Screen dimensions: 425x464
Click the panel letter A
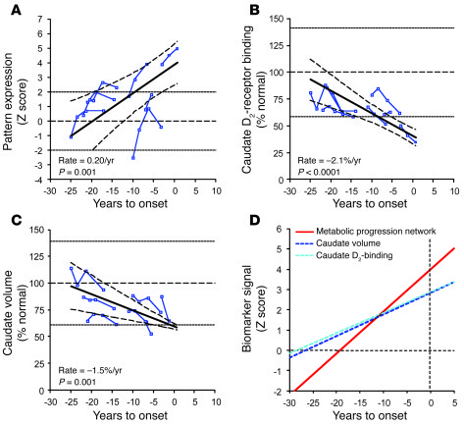coord(8,8)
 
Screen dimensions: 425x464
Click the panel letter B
coord(247,8)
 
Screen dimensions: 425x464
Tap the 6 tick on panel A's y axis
coord(42,16)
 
